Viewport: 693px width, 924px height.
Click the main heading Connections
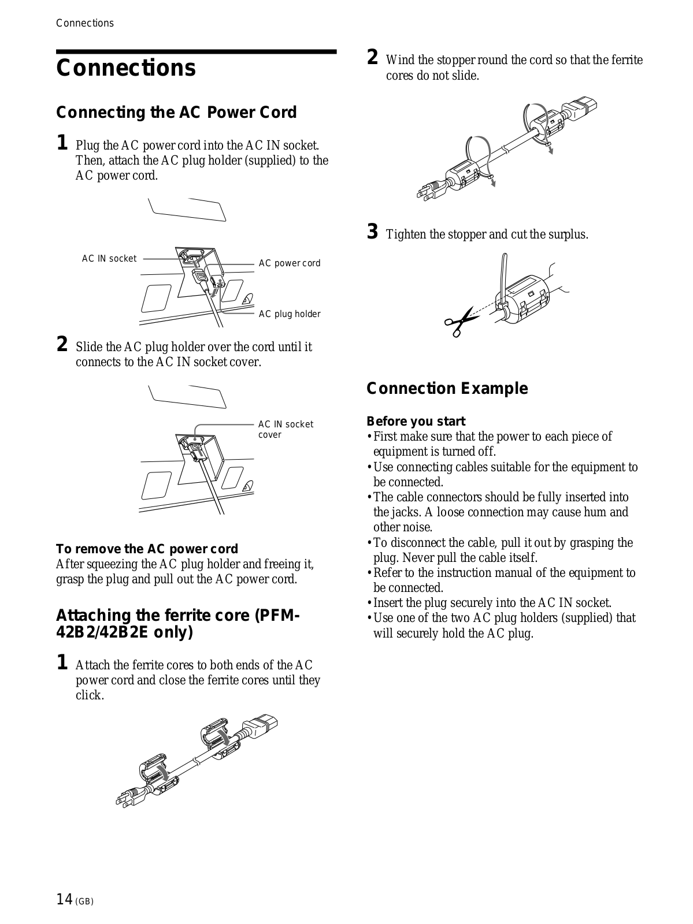[x=126, y=68]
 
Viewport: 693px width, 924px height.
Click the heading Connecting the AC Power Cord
[x=176, y=112]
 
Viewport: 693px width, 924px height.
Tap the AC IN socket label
[x=109, y=259]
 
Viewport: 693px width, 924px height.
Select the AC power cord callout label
[x=289, y=263]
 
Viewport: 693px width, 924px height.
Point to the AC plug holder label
[x=289, y=314]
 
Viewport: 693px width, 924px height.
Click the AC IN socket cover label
[x=286, y=429]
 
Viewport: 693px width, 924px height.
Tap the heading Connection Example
[x=447, y=389]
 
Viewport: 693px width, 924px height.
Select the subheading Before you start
[x=416, y=422]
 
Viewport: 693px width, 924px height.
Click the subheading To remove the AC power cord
[x=147, y=549]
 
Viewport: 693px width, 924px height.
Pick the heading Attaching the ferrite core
[x=177, y=624]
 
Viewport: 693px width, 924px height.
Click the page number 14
[x=64, y=899]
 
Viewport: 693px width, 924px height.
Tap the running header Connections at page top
[x=85, y=23]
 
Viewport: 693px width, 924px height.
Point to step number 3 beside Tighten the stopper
[x=373, y=233]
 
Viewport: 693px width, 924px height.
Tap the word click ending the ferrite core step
[x=89, y=695]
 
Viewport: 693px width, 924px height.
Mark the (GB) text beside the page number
[x=84, y=901]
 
